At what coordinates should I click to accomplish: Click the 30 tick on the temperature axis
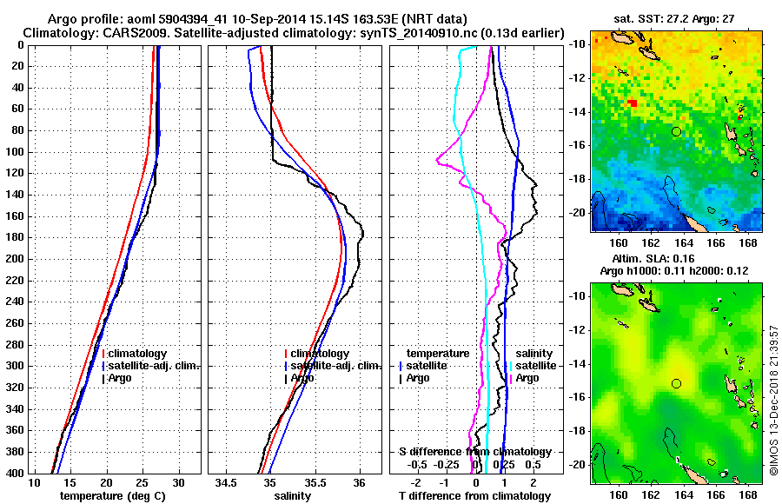179,482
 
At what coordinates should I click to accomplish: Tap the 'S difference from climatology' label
474,452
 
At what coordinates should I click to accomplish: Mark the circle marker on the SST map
676,131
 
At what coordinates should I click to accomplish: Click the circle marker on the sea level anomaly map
676,383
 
